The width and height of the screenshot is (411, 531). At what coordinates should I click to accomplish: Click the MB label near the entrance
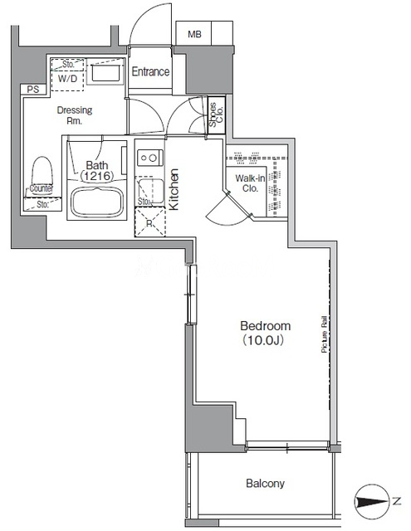[x=194, y=34]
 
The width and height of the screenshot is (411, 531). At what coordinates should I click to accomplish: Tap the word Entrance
[x=150, y=72]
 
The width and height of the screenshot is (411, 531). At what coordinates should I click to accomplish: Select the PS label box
[x=33, y=90]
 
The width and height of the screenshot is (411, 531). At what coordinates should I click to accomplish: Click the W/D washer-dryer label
[x=67, y=79]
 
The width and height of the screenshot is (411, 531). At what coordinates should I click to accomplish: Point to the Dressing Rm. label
[x=75, y=115]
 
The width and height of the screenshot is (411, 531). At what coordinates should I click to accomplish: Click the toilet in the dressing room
[x=42, y=173]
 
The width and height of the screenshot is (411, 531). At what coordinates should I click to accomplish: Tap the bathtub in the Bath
[x=97, y=202]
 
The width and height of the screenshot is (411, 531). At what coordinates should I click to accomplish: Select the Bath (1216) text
[x=97, y=170]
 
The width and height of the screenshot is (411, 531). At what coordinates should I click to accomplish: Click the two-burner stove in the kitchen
[x=149, y=158]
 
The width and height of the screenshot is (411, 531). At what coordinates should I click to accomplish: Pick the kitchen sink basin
[x=151, y=188]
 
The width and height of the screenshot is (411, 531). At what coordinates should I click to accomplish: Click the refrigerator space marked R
[x=149, y=222]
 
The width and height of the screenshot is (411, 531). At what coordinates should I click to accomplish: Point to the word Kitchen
[x=174, y=189]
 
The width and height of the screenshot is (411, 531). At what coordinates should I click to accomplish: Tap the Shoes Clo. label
[x=216, y=114]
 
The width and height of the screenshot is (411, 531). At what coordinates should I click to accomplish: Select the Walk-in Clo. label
[x=250, y=183]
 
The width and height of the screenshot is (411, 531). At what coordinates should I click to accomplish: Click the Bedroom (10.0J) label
[x=266, y=333]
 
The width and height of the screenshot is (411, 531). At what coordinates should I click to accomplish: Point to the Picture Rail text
[x=325, y=334]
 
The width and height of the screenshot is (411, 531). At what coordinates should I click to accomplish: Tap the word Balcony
[x=266, y=483]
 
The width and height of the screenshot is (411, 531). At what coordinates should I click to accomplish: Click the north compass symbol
[x=371, y=502]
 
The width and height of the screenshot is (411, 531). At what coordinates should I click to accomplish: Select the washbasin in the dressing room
[x=105, y=72]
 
